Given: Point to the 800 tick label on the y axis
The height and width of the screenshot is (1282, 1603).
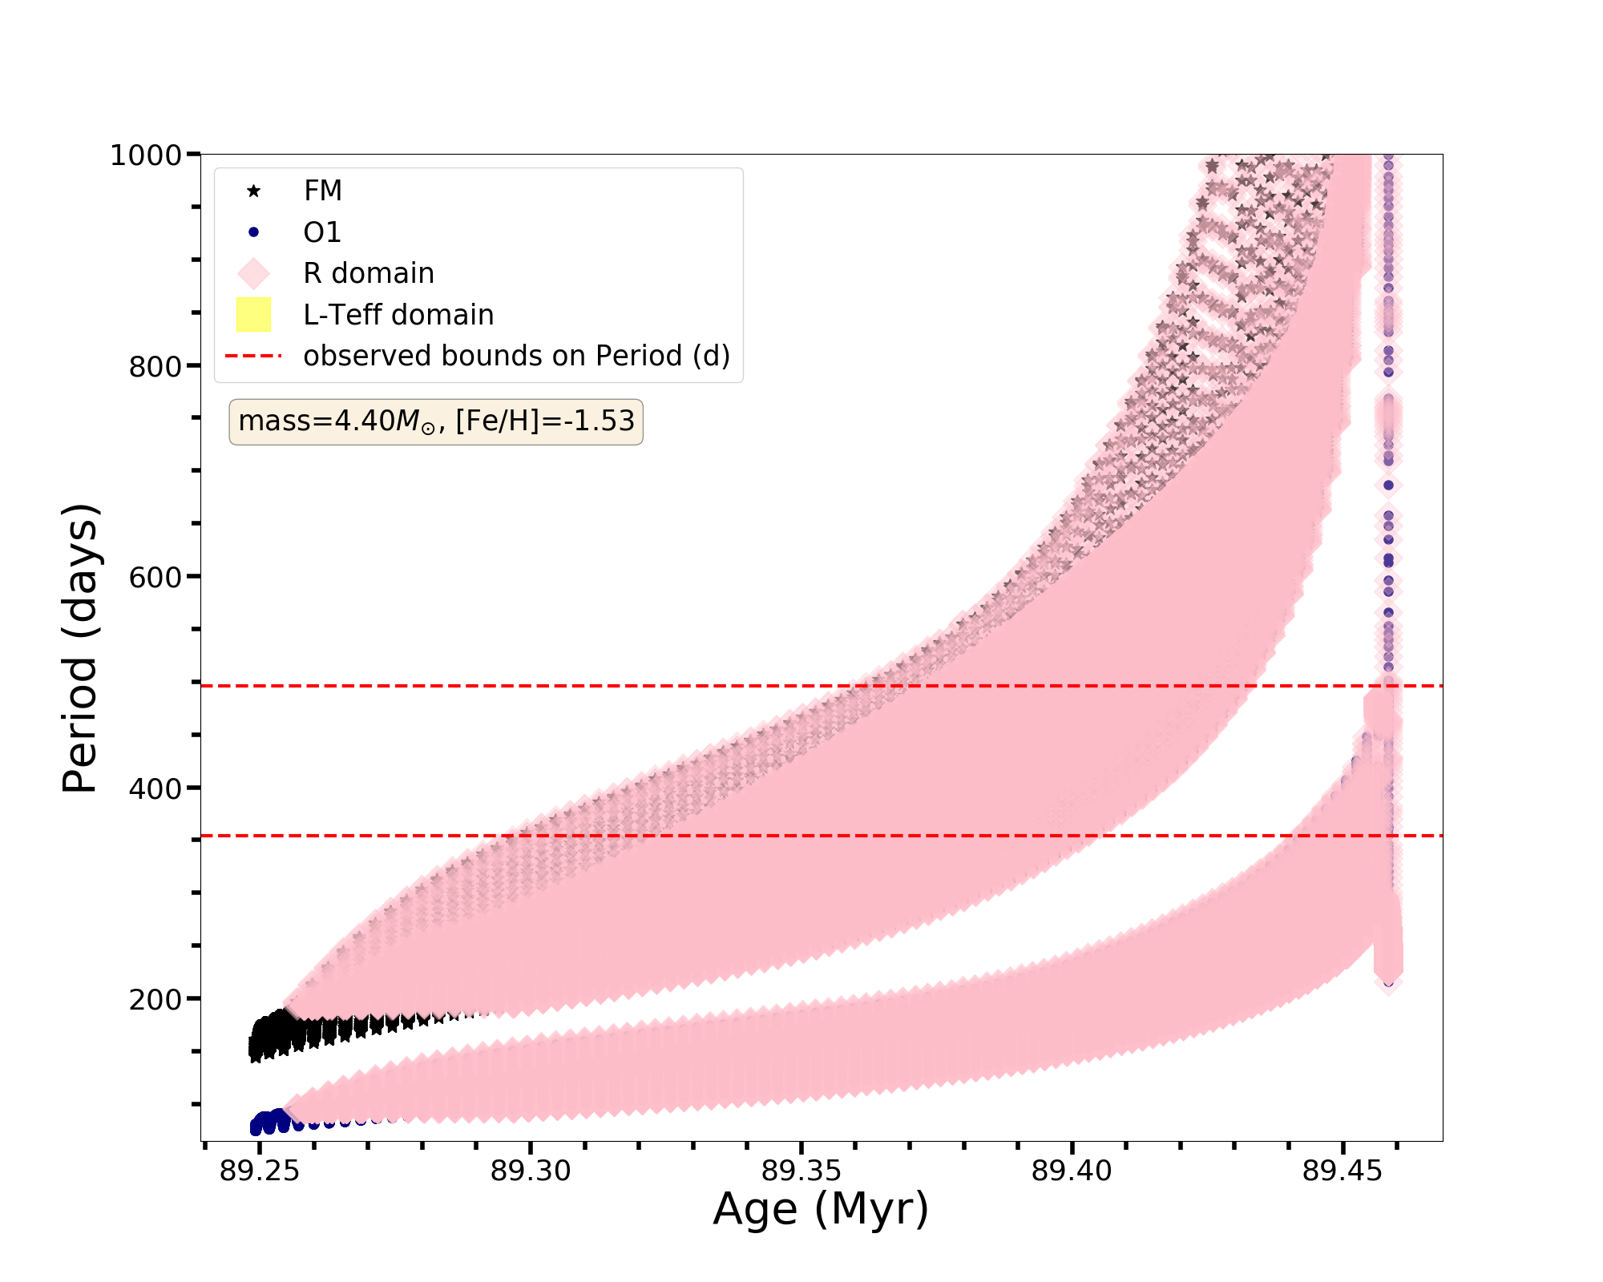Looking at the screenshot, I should coord(155,367).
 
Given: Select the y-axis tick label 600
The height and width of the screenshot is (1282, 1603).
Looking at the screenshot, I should coord(155,577).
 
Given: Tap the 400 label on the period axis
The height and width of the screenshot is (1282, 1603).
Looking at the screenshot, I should coord(155,788).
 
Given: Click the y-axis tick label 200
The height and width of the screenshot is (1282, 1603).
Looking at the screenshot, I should coord(155,999).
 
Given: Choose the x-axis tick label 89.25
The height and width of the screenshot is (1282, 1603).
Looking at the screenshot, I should coord(259,1171).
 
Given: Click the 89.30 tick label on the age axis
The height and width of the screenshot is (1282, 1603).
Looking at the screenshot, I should coord(530,1171).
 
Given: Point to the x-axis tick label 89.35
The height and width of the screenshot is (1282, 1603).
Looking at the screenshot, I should coord(801,1171).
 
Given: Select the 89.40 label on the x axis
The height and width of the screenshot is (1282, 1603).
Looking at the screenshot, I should coord(1072,1171).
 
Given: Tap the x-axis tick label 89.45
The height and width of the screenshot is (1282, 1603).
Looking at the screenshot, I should coord(1343,1171).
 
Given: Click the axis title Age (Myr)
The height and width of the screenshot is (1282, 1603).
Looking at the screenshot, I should coord(821,1209).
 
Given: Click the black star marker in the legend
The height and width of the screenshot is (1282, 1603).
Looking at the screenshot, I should coord(253,191).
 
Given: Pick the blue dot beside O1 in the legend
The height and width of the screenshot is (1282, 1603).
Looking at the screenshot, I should coord(253,232).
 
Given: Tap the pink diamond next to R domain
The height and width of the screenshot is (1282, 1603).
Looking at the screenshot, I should coord(253,273).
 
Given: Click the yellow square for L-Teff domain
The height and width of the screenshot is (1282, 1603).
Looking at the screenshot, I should coord(253,315).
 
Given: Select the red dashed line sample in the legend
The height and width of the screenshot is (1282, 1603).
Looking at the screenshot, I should coord(253,356).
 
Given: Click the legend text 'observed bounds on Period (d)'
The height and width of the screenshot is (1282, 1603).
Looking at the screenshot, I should coord(516,356).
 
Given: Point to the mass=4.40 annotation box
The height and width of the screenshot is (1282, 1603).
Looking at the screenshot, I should coord(436,421).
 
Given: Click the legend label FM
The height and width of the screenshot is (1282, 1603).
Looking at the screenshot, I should coord(322,191).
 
